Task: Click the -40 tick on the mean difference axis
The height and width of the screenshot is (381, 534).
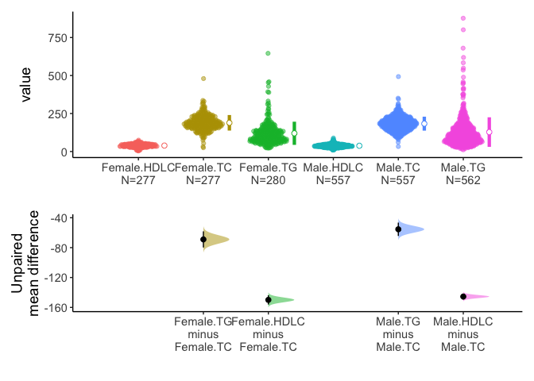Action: pos(62,217)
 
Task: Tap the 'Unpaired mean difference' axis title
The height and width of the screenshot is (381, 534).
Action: pos(24,263)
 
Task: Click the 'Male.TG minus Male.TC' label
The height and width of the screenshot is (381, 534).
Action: pos(398,334)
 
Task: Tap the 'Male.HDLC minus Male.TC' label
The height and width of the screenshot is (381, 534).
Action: pos(463,334)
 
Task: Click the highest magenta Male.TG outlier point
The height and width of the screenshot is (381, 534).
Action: pos(463,18)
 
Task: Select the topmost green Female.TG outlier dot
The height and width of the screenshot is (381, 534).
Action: pos(268,53)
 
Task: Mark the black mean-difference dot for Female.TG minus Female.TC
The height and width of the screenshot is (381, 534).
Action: pos(203,239)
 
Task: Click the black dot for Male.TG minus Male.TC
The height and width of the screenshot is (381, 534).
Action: pos(398,229)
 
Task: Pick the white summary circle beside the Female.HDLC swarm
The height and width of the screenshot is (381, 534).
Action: pos(164,145)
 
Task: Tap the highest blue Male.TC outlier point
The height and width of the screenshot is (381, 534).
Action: pos(398,77)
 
